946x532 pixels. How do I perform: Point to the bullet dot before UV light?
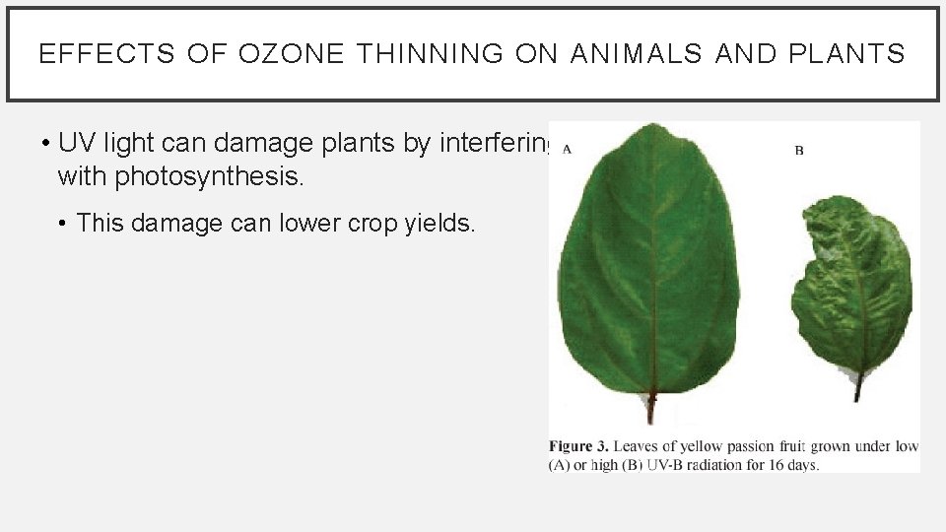pos(46,144)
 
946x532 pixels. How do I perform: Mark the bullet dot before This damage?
pos(63,225)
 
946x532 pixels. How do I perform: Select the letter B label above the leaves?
pos(799,150)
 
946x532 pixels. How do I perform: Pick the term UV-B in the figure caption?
pos(665,464)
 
